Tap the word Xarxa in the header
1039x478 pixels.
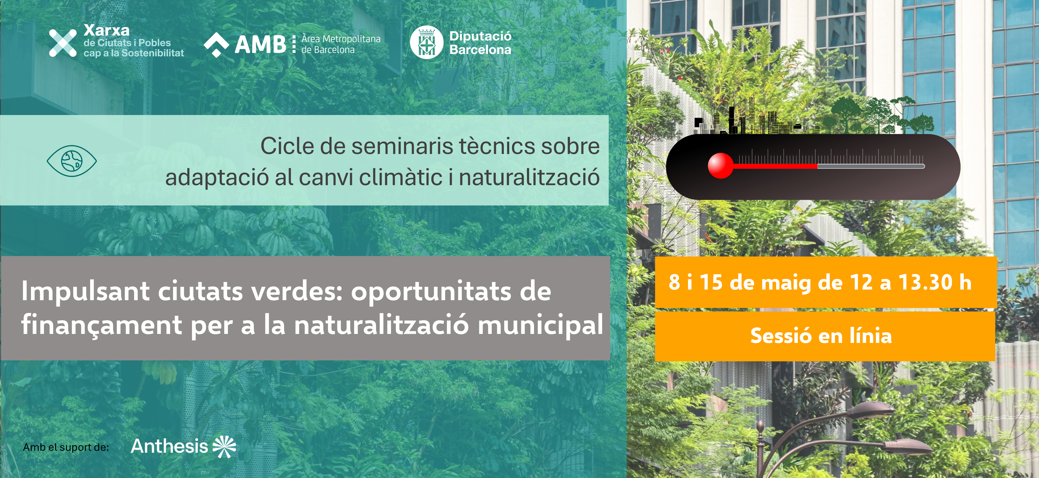pyautogui.click(x=106, y=30)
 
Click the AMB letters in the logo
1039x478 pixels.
pyautogui.click(x=261, y=44)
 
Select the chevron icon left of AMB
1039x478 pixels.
pyautogui.click(x=217, y=45)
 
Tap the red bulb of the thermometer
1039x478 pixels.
pyautogui.click(x=720, y=166)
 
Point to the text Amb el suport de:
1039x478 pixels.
pyautogui.click(x=66, y=447)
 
